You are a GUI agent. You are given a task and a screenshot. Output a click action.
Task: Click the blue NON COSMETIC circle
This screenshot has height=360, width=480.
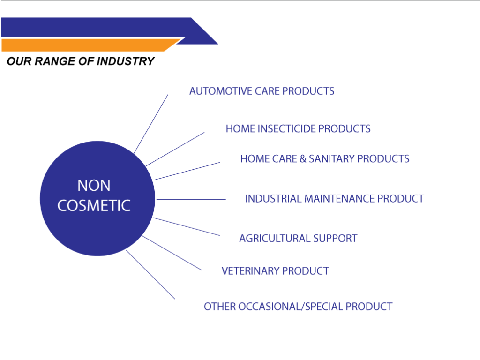pyautogui.click(x=97, y=198)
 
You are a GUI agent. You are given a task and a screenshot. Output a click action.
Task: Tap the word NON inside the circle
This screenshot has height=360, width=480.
pyautogui.click(x=94, y=186)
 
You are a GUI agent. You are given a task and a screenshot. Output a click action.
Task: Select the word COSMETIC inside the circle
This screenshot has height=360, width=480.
pyautogui.click(x=94, y=205)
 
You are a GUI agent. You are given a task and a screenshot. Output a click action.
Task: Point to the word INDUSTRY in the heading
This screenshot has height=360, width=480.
pyautogui.click(x=126, y=61)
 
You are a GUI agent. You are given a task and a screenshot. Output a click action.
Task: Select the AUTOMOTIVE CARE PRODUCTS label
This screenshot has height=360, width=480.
pyautogui.click(x=262, y=91)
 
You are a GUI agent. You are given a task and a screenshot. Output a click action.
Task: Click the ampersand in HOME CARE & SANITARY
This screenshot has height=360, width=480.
pyautogui.click(x=303, y=159)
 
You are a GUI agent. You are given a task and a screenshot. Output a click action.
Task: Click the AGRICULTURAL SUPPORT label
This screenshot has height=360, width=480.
pyautogui.click(x=298, y=239)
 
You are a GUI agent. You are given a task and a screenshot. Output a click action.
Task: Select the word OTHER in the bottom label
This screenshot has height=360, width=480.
pyautogui.click(x=219, y=307)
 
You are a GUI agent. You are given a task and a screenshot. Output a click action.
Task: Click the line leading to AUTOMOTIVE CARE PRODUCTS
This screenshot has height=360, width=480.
pyautogui.click(x=150, y=124)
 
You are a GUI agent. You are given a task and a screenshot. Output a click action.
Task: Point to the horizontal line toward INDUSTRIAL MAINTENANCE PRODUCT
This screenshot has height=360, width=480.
pyautogui.click(x=191, y=199)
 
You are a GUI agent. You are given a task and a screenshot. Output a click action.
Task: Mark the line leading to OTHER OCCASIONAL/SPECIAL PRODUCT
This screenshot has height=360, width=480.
pyautogui.click(x=150, y=275)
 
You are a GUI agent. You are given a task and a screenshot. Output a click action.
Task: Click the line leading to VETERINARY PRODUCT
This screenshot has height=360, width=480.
pyautogui.click(x=172, y=253)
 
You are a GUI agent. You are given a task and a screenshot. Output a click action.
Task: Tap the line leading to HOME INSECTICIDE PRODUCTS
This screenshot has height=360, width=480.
pyautogui.click(x=175, y=150)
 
